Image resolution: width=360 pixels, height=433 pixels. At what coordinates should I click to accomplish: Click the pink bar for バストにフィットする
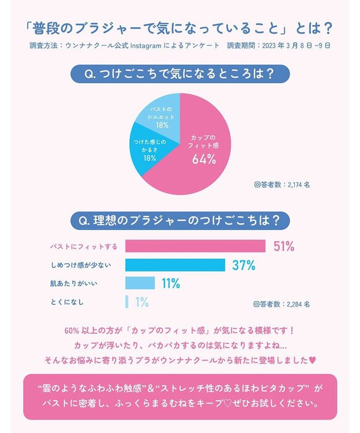pos(195,247)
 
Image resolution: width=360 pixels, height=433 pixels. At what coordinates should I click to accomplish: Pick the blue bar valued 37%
pos(175,265)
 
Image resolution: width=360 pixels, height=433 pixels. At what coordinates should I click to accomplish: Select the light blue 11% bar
pos(140,283)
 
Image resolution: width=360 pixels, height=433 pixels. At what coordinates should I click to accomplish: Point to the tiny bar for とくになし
pos(127,301)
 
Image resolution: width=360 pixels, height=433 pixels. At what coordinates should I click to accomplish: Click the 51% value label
pos(284,247)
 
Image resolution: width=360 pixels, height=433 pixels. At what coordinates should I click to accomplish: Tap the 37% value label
pos(243,265)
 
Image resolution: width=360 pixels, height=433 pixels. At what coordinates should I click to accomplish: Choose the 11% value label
pos(171,283)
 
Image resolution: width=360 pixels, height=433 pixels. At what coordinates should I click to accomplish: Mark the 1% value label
pos(142,301)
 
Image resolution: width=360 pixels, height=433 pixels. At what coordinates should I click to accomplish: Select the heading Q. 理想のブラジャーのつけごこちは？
pos(179,220)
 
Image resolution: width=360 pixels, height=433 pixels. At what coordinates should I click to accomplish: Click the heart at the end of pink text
pos(313,360)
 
